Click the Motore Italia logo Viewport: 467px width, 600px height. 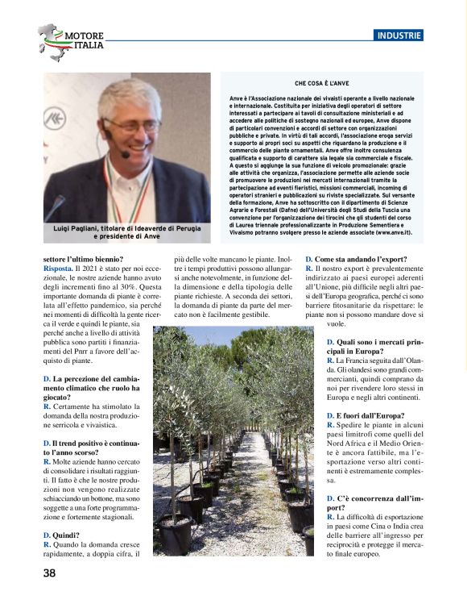[x=72, y=42]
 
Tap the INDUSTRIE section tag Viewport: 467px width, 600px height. [x=399, y=35]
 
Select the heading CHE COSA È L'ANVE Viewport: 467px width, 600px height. [x=322, y=83]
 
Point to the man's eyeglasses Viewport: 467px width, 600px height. [x=132, y=125]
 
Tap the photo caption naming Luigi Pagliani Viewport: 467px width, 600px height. [x=126, y=234]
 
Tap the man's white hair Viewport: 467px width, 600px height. [x=129, y=95]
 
